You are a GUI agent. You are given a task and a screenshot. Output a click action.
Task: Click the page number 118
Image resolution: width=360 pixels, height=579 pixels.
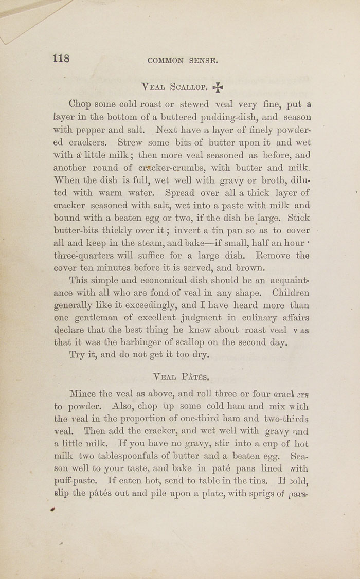(x=61, y=58)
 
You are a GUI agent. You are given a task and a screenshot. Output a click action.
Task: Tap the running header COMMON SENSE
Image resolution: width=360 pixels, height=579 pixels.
(x=183, y=60)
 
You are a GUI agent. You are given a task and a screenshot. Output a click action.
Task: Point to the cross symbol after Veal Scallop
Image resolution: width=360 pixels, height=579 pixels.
(x=219, y=87)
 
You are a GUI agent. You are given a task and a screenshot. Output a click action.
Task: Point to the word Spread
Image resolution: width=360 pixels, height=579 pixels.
(x=181, y=193)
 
